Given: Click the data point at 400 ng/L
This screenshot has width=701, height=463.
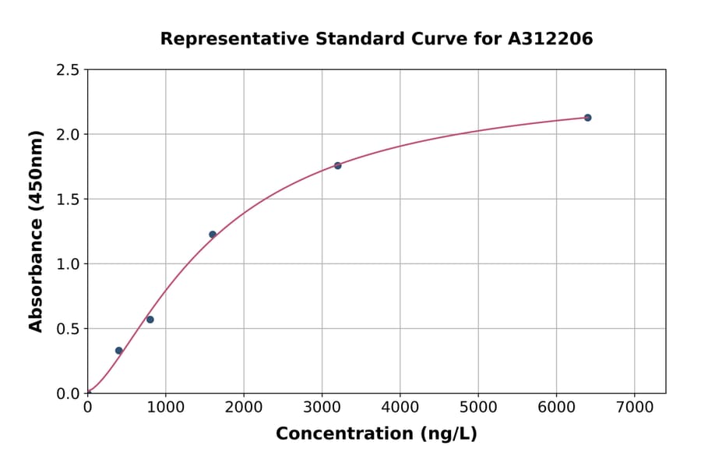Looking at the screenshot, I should tap(118, 351).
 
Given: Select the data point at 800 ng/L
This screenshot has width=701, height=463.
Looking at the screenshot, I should tap(150, 320).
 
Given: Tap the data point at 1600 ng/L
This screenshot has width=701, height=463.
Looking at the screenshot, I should tap(213, 235).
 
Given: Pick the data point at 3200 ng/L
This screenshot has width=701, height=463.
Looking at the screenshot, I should tap(337, 165).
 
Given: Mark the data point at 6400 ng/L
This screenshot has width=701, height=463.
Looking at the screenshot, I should tap(587, 118).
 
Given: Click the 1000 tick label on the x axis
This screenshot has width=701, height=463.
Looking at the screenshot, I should tap(165, 408).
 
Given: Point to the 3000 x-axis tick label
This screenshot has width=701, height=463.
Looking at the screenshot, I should tap(322, 408).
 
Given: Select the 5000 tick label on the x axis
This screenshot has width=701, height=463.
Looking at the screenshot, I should tap(478, 408).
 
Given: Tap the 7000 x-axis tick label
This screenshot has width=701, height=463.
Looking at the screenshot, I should tap(634, 408).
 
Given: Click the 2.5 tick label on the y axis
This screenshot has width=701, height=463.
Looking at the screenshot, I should tap(68, 70).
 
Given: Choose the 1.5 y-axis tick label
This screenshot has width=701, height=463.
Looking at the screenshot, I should tap(68, 200).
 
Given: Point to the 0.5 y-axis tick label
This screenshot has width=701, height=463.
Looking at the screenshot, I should tap(68, 329).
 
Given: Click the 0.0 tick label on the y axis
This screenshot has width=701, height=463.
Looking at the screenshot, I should tap(68, 394).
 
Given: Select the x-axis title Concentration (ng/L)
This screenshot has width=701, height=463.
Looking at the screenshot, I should tap(376, 434).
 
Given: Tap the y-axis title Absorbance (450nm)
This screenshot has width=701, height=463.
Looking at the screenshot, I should tap(36, 231).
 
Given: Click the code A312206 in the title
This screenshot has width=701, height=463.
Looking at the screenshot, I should tap(551, 39).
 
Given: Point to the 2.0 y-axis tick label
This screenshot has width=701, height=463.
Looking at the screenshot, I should tap(68, 135).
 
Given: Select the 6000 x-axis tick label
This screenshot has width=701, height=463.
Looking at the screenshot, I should tap(556, 408).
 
